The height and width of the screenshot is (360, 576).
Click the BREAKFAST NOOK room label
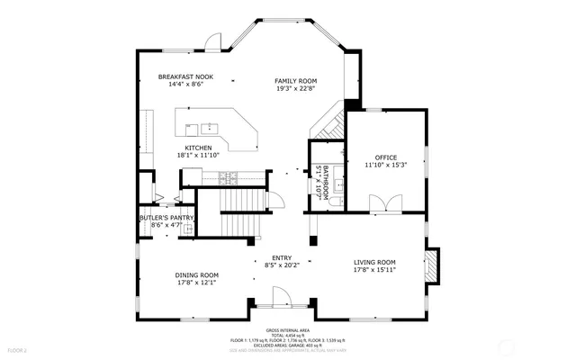click(185, 77)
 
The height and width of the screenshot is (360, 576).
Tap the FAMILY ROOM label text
click(297, 81)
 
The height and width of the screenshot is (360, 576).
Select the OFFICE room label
click(386, 157)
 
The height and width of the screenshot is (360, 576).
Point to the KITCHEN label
click(198, 148)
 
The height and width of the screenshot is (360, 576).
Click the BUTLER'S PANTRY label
click(166, 217)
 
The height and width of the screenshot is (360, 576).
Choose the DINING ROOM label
click(197, 274)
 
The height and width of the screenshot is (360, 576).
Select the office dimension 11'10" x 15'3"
click(386, 165)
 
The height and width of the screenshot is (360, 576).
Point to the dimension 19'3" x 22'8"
click(297, 88)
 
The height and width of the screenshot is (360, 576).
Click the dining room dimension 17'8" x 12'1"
click(197, 282)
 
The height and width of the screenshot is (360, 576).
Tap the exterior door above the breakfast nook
click(213, 41)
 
